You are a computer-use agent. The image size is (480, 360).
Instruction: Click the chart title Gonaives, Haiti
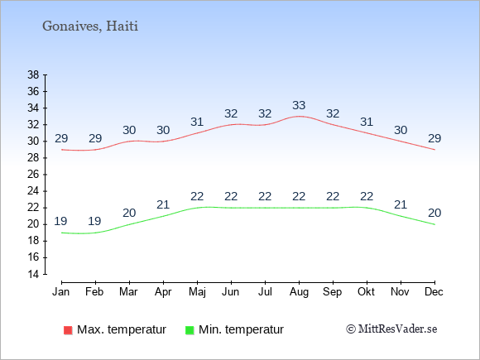(90, 26)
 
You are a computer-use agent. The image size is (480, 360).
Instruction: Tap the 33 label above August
(299, 105)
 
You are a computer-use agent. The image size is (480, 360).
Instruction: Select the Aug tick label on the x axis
(299, 292)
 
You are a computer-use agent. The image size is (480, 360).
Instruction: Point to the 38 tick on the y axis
(33, 74)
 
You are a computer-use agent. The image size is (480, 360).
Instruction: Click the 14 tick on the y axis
(33, 274)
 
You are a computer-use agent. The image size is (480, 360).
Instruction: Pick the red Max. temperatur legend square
(68, 330)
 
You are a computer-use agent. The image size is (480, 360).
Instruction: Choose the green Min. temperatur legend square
(190, 330)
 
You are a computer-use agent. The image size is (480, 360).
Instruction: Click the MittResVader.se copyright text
(391, 329)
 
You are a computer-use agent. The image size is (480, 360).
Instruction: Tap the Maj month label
(197, 292)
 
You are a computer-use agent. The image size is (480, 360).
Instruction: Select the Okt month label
(366, 292)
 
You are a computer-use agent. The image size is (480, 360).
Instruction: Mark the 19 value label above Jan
(60, 221)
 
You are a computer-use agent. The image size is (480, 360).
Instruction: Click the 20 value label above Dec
(434, 213)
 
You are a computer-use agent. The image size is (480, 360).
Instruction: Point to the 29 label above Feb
(95, 138)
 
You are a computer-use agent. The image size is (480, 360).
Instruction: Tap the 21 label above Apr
(163, 204)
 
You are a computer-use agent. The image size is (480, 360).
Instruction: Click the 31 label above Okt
(367, 122)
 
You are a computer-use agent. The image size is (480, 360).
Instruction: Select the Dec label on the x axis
(434, 292)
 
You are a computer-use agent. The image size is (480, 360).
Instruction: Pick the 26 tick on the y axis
(33, 175)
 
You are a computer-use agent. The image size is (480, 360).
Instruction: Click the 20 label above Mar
(129, 213)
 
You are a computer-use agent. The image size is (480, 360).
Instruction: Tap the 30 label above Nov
(401, 130)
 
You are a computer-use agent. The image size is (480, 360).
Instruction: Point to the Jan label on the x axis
(60, 292)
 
